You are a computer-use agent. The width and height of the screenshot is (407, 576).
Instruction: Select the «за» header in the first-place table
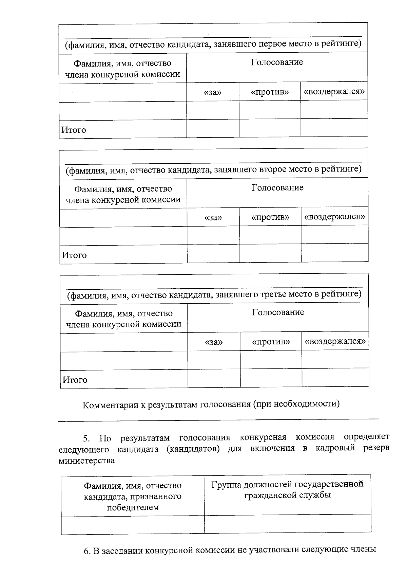[x=213, y=92]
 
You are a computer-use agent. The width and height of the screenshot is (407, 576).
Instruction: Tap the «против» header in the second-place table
[x=270, y=217]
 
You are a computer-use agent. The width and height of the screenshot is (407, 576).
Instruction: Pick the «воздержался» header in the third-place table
[x=335, y=342]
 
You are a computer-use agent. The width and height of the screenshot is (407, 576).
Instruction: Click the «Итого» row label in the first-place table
[x=74, y=130]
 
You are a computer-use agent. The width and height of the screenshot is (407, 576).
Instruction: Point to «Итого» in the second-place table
[x=74, y=255]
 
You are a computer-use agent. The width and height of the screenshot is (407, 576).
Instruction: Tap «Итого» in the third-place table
[x=75, y=380]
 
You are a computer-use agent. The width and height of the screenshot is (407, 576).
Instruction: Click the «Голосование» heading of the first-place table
[x=277, y=62]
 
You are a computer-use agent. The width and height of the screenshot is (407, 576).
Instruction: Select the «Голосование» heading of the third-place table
[x=278, y=312]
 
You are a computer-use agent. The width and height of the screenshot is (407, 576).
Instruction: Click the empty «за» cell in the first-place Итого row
[x=213, y=128]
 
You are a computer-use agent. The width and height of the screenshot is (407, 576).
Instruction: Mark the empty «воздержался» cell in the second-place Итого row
[x=334, y=253]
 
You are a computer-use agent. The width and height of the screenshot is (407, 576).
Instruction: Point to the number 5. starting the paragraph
[x=86, y=439]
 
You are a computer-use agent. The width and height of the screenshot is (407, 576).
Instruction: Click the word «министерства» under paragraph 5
[x=86, y=461]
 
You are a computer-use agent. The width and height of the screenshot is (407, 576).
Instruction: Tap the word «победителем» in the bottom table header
[x=133, y=508]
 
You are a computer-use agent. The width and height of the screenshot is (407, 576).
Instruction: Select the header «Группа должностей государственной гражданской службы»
[x=287, y=489]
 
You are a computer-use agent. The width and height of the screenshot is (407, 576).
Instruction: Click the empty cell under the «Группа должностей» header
[x=287, y=524]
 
